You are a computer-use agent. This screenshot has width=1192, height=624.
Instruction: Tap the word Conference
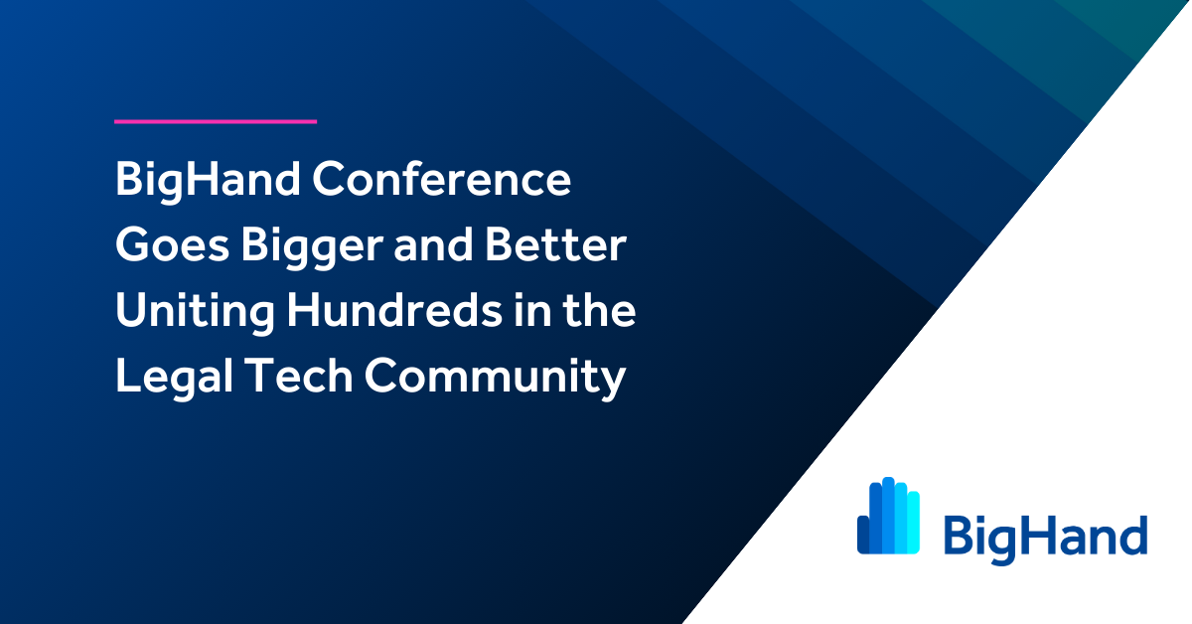(x=441, y=179)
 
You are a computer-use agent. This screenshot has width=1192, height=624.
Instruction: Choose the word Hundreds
(x=394, y=310)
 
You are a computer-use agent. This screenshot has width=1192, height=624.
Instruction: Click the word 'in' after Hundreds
(x=531, y=310)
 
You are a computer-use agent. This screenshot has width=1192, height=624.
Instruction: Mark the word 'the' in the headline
(x=599, y=310)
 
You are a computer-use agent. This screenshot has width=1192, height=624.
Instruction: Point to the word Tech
(x=299, y=376)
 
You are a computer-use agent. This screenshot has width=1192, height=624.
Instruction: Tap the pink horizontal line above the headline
(x=216, y=122)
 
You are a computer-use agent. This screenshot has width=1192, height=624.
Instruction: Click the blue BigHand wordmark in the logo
(x=1045, y=540)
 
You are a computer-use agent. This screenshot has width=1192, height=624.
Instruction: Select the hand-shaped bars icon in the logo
(x=888, y=516)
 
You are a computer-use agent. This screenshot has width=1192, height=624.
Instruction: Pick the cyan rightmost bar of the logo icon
(x=914, y=523)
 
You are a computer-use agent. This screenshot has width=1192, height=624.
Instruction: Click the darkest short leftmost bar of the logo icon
(x=863, y=535)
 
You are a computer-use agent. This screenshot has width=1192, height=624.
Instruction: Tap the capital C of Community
(x=383, y=376)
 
